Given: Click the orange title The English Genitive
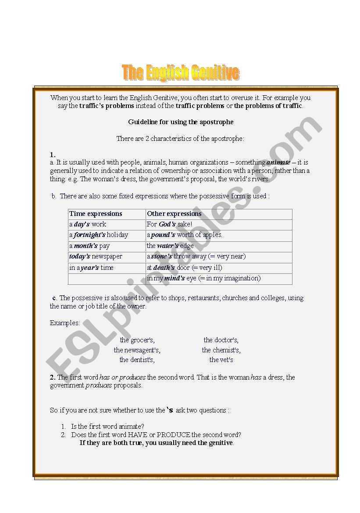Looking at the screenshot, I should pyautogui.click(x=180, y=73).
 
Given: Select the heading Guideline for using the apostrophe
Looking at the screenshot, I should pyautogui.click(x=181, y=122).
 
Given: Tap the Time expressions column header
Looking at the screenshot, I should pyautogui.click(x=96, y=214).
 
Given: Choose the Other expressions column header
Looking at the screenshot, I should pyautogui.click(x=175, y=214).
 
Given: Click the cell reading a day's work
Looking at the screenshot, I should pyautogui.click(x=88, y=224).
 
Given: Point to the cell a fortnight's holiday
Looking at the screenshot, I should pyautogui.click(x=99, y=235).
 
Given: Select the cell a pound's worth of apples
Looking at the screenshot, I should pyautogui.click(x=185, y=235).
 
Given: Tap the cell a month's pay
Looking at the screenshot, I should pyautogui.click(x=89, y=246).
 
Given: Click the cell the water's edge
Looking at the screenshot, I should pyautogui.click(x=170, y=246).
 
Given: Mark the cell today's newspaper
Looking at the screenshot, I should pyautogui.click(x=96, y=256).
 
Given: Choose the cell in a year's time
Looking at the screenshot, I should pyautogui.click(x=91, y=268).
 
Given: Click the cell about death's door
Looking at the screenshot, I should pyautogui.click(x=185, y=268).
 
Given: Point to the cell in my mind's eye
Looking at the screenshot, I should pyautogui.click(x=203, y=278).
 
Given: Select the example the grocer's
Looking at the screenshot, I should pyautogui.click(x=137, y=340).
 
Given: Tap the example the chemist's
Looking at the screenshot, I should pyautogui.click(x=221, y=350).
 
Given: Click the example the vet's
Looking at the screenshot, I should pyautogui.click(x=221, y=360).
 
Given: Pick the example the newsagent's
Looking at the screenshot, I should pyautogui.click(x=137, y=350).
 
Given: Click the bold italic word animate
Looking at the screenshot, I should pyautogui.click(x=278, y=162).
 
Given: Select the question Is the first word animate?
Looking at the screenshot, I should pyautogui.click(x=108, y=427).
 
